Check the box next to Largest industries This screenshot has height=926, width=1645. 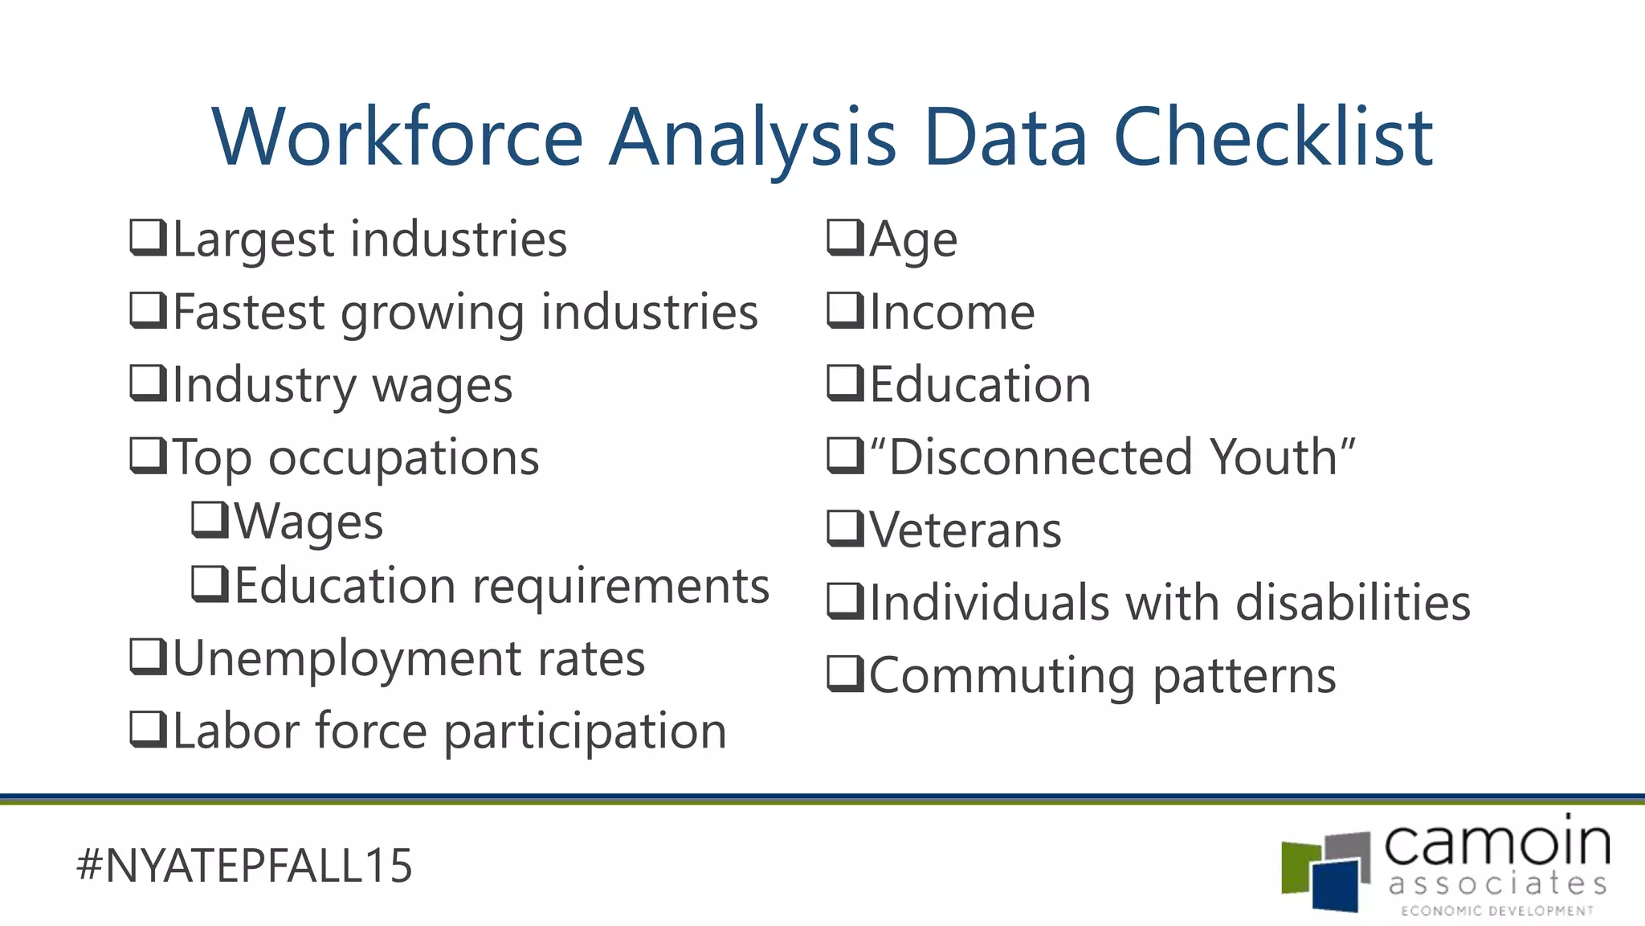coord(149,238)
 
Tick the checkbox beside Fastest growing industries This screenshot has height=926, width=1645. coord(149,311)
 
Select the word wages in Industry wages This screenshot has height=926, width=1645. coord(443,387)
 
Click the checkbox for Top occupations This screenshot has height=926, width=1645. coord(149,456)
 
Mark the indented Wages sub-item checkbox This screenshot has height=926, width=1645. coord(210,520)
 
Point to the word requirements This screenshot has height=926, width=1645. coord(621,587)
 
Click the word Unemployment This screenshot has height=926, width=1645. coord(347,659)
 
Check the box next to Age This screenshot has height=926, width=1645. coord(845,238)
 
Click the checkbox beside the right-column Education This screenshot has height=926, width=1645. coord(845,383)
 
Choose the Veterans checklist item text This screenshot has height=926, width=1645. coord(965,531)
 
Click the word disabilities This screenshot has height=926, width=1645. coord(1353,603)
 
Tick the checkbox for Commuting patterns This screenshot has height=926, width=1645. coord(845,674)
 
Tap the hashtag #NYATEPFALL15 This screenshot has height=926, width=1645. coord(244,866)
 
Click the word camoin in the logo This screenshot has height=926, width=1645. coord(1496,844)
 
